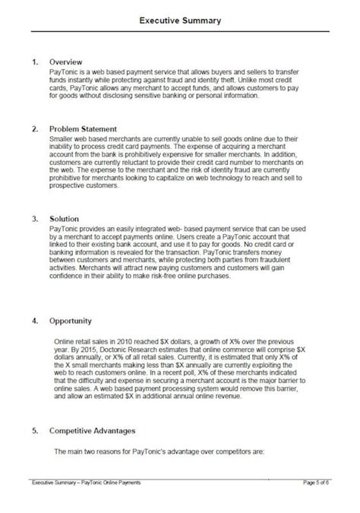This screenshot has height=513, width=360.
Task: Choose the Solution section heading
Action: (64, 218)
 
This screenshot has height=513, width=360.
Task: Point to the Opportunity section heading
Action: (71, 321)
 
